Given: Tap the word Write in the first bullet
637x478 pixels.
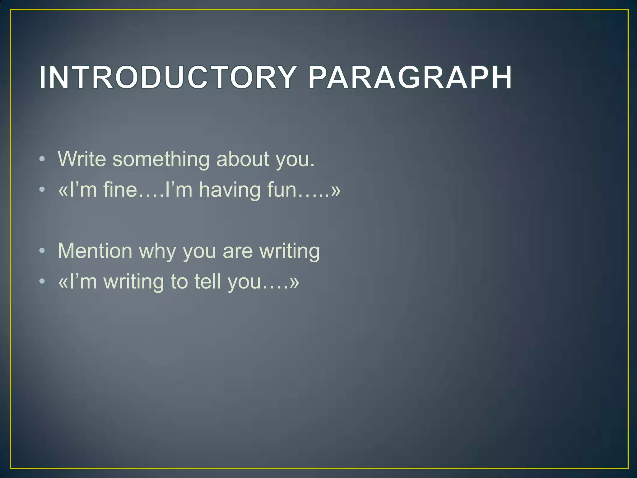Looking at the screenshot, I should click(82, 159).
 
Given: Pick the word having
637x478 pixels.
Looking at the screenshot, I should click(230, 190).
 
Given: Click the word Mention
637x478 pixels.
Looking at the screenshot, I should click(95, 251).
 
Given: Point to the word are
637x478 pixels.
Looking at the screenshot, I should click(238, 251).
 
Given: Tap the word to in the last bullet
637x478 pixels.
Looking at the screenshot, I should click(179, 281).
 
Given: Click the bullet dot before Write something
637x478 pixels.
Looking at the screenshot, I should click(42, 159).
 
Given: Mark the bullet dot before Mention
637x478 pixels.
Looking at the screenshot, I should click(42, 251).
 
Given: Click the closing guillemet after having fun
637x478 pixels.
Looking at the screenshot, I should click(336, 190).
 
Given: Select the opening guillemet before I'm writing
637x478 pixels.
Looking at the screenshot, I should click(63, 282).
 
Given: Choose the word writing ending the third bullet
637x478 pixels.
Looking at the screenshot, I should click(290, 251).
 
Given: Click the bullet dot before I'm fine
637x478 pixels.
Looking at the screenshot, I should click(42, 190).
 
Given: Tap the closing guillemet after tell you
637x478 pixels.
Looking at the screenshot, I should click(294, 282).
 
